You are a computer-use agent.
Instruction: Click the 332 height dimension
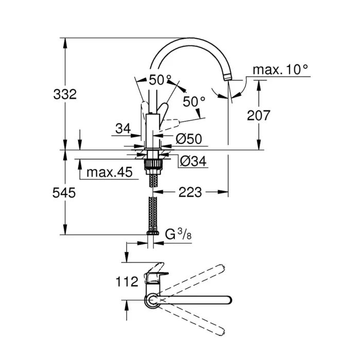point(65,94)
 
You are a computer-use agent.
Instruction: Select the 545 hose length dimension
point(65,193)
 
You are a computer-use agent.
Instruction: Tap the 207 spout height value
point(258,115)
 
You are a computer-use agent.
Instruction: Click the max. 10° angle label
point(281,69)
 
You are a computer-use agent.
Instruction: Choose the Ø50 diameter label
point(188,138)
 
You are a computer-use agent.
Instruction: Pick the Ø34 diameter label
point(192,161)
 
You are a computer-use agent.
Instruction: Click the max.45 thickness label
point(109,172)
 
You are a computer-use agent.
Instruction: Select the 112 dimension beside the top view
point(126,281)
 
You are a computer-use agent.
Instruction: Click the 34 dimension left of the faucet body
point(123,129)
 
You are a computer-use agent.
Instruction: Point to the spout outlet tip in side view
point(228,78)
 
